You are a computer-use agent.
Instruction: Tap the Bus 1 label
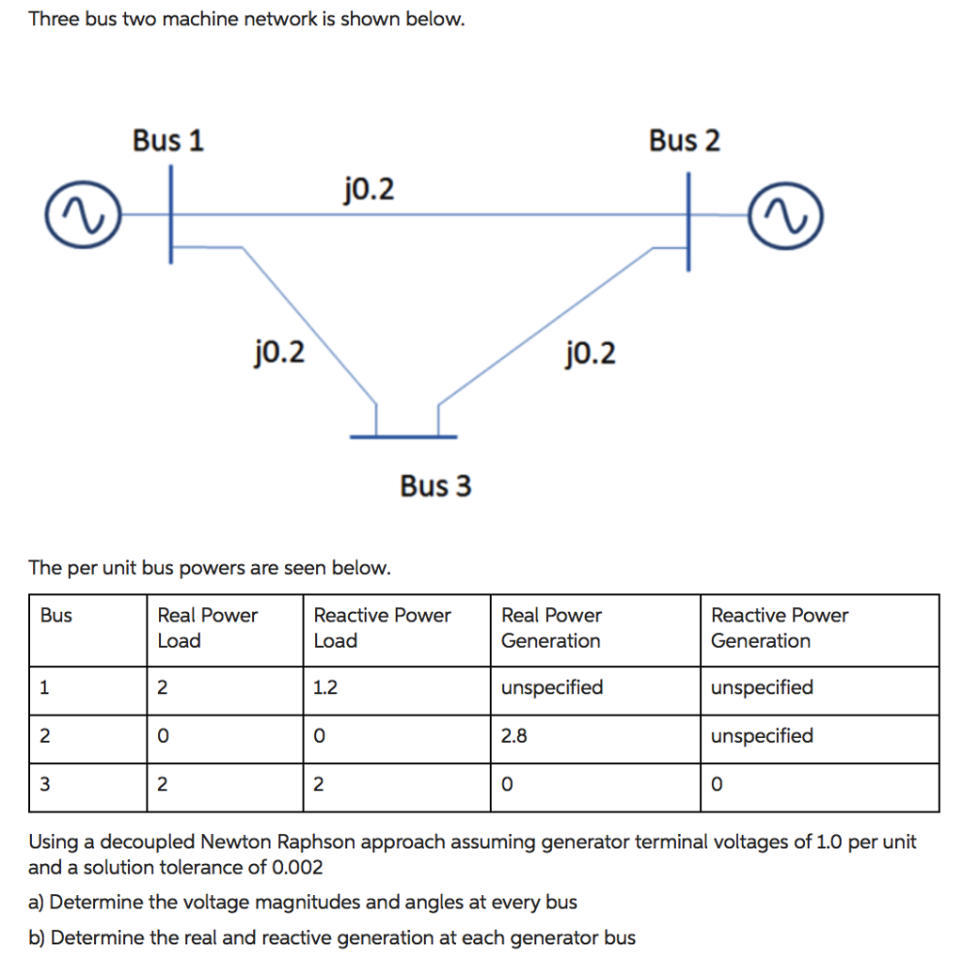167,141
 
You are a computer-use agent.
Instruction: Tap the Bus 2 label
684,141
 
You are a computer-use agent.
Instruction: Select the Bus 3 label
435,486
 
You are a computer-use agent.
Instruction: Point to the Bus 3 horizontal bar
403,436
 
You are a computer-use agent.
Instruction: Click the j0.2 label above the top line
369,191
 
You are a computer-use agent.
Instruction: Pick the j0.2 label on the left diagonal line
279,353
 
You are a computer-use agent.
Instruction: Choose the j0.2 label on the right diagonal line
591,354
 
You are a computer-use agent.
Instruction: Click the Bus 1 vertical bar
171,214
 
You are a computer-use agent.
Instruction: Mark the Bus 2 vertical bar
688,221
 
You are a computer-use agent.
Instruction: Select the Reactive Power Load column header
382,628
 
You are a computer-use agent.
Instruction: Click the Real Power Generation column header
551,628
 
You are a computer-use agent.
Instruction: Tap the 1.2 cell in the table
324,688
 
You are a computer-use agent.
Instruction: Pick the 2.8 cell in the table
514,736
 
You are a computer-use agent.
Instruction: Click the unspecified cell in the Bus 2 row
762,736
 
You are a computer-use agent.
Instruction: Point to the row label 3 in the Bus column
45,785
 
